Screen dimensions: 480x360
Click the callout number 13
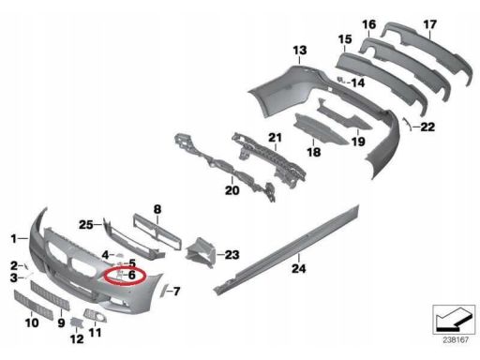tap(300, 51)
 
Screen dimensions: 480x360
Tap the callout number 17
tap(429, 24)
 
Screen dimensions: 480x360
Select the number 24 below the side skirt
tap(299, 268)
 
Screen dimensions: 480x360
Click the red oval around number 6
tap(125, 277)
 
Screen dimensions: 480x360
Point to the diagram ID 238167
tap(456, 339)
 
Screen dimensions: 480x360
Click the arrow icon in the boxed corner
tap(454, 320)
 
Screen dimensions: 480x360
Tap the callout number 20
tap(232, 190)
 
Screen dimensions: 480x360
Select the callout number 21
tap(275, 137)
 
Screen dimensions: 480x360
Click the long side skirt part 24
tap(286, 249)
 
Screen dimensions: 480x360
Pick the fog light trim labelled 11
tap(95, 315)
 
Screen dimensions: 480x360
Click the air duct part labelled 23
tap(201, 253)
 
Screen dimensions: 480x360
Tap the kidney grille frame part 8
tap(157, 232)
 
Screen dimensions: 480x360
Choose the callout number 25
tap(85, 224)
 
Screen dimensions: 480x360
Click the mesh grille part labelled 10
tap(33, 305)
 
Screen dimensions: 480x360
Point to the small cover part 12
tap(76, 322)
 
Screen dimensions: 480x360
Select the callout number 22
tap(427, 127)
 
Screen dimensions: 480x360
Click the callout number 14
tap(358, 82)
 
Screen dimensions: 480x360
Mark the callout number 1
tap(13, 239)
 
